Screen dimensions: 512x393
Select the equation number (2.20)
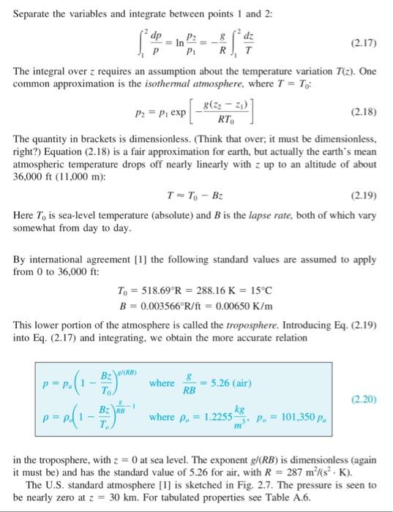(x=364, y=399)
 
